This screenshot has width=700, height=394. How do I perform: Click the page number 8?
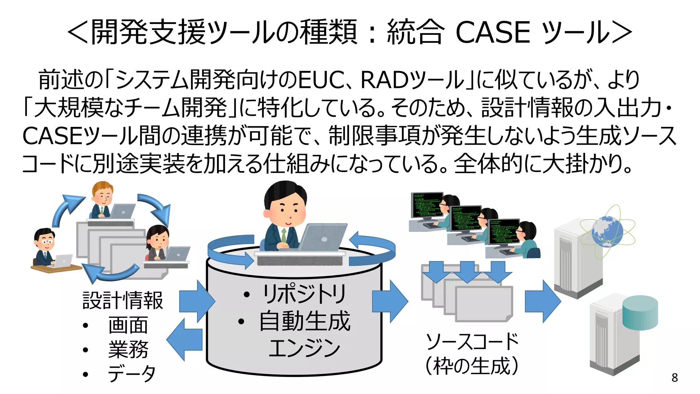674,377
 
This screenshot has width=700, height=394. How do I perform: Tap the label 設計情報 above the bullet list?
122,300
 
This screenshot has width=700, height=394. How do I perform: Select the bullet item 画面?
128,325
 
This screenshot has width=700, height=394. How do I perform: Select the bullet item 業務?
128,350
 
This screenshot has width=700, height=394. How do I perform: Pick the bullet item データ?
132,373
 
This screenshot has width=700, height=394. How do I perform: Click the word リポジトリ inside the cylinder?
304,294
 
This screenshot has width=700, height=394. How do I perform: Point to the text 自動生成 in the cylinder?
305,321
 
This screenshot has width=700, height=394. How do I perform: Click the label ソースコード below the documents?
472,341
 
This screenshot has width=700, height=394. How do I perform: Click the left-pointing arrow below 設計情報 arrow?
185,340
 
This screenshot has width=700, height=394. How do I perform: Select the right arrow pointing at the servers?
542,301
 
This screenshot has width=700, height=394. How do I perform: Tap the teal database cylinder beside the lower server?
640,312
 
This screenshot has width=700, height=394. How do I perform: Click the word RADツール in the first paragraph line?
412,80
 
